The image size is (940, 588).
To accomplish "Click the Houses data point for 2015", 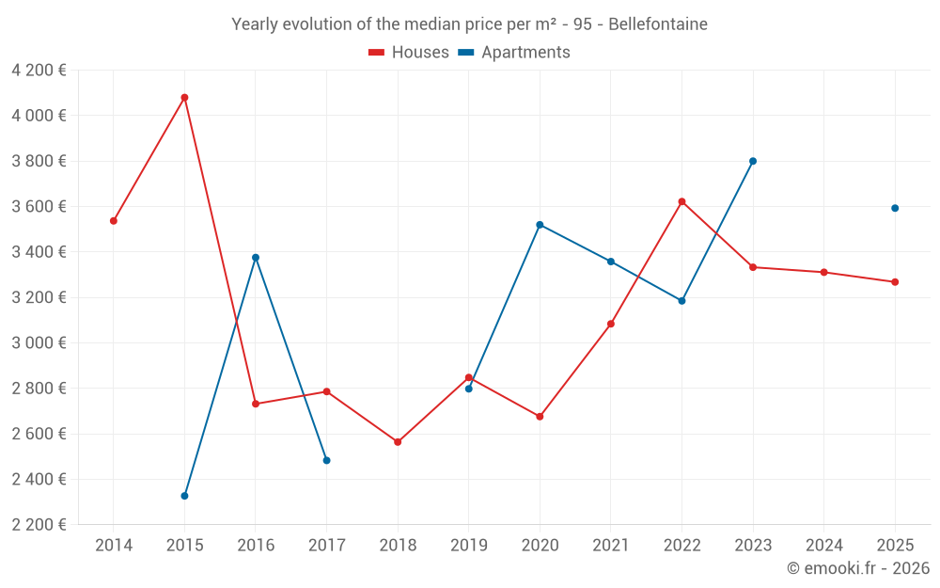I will coord(184,97).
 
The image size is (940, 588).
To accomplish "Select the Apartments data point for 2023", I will coord(753,161).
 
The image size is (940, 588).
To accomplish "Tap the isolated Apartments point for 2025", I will coord(895,208).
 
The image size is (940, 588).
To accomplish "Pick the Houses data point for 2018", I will coord(398,441).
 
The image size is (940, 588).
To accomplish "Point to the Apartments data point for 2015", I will coord(184,496).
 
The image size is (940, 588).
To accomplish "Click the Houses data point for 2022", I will coord(681,201).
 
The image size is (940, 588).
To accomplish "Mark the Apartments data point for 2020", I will coord(540,225).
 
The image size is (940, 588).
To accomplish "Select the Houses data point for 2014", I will coord(114,221).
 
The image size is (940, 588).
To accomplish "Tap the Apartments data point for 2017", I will coord(326,460).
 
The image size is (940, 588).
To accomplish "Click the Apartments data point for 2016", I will coord(256,258).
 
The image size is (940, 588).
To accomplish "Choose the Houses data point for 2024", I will coord(823,272).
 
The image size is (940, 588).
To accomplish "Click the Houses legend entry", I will coord(409,53).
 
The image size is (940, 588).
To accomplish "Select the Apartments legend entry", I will coord(514,53).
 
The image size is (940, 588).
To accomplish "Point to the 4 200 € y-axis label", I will coord(39,71).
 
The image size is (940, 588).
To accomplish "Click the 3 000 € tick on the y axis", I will coord(39,343).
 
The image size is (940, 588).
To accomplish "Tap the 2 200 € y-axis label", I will coord(39,525).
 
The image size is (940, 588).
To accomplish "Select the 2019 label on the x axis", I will coord(468,546).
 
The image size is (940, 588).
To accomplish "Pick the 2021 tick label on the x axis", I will coord(610,546).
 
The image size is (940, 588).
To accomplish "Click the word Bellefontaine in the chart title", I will coord(658,24).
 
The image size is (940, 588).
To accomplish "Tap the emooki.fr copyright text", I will coord(857,568).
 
